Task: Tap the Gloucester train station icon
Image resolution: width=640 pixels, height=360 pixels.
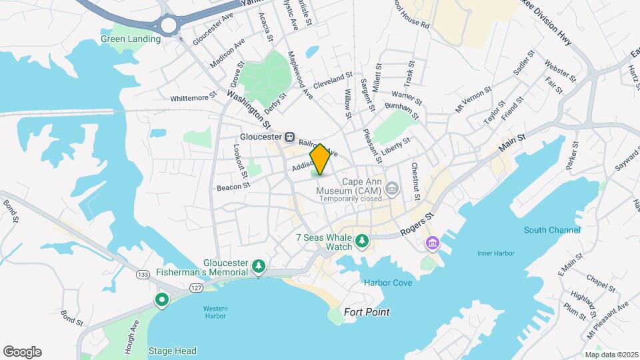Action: pos(290,137)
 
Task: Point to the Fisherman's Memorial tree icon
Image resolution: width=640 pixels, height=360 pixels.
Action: pos(259,267)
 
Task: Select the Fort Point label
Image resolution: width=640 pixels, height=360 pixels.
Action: pos(367,312)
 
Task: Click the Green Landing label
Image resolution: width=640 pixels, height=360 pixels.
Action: pos(131,39)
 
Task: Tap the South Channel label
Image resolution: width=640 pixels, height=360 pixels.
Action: pos(552,230)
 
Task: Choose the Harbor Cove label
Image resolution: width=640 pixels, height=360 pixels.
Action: pos(388,283)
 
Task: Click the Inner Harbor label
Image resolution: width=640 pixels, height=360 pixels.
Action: pos(494,253)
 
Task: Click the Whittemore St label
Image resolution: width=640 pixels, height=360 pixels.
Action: pos(193,98)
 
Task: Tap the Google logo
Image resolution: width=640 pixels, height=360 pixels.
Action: pos(22,352)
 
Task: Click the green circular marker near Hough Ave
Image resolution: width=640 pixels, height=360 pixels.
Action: pos(161,300)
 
